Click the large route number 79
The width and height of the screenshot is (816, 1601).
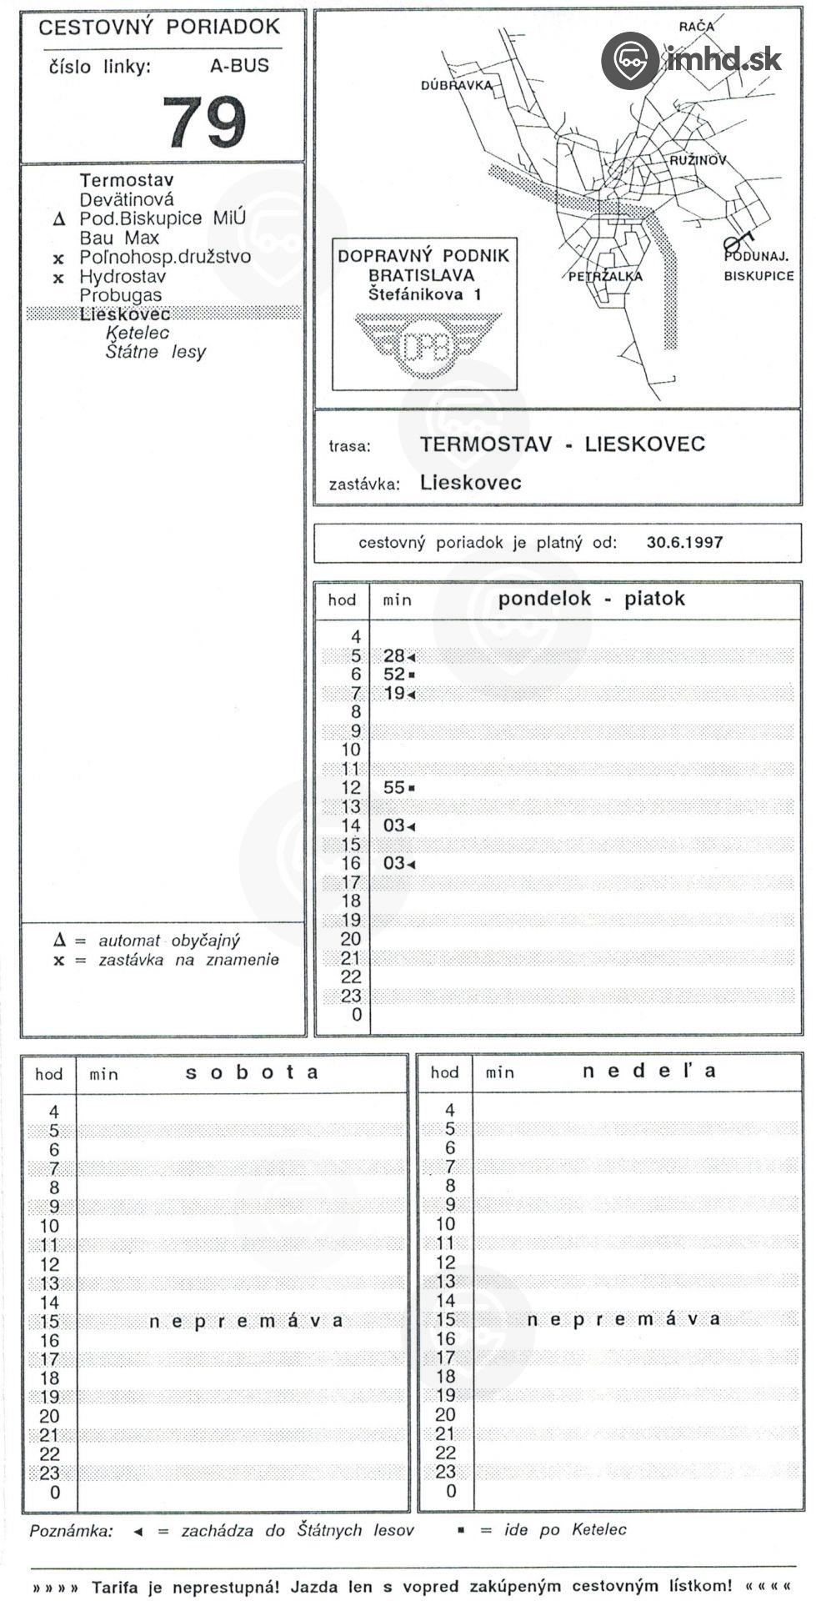(204, 121)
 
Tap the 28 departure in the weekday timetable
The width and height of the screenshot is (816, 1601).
(394, 655)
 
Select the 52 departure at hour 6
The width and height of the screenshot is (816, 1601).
(394, 674)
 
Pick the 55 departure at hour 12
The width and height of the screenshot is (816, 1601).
(394, 787)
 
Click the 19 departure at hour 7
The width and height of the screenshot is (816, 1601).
(394, 693)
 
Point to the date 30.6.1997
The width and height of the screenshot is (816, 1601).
(684, 542)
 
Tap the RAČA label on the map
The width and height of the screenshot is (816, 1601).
(696, 27)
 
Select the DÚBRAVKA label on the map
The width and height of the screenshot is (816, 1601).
(456, 85)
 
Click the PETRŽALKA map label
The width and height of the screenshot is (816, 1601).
(605, 277)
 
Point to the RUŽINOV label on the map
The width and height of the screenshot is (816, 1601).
(698, 160)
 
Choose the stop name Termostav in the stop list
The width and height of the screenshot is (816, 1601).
(127, 180)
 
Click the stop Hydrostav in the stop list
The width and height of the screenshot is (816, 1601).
(123, 276)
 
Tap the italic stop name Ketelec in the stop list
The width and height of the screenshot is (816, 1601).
(138, 333)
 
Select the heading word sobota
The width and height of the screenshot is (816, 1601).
(252, 1072)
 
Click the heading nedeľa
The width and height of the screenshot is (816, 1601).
(648, 1071)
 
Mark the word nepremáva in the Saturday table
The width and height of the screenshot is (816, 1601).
(246, 1321)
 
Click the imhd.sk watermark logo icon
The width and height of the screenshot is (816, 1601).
(630, 60)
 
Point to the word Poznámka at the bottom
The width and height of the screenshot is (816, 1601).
(70, 1531)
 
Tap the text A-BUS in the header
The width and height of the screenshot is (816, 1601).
(239, 66)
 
